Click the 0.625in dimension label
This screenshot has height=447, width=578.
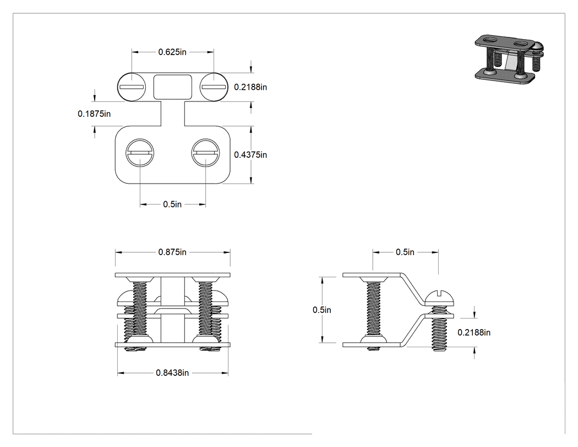[172, 52]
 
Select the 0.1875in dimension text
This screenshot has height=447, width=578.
[94, 114]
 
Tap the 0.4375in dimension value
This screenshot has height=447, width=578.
[250, 155]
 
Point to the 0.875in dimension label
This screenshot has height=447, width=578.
[172, 252]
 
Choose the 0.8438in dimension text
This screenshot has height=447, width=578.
[172, 373]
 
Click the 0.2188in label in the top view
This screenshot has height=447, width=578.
[250, 87]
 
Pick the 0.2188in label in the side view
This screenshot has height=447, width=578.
[473, 332]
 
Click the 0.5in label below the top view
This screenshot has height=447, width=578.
[172, 204]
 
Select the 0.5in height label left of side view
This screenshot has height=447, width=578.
[322, 310]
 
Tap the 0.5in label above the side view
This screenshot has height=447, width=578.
[405, 252]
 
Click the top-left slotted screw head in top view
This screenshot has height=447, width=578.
[132, 87]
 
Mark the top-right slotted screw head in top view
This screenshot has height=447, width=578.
[214, 87]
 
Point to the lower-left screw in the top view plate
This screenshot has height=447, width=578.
[140, 153]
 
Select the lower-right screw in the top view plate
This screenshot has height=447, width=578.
[206, 153]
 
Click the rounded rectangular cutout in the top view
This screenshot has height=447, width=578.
[172, 87]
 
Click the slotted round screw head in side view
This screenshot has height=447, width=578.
[439, 298]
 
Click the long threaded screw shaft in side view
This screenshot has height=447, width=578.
[373, 309]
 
